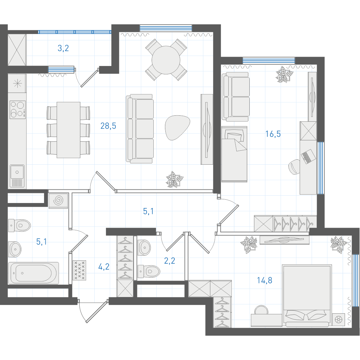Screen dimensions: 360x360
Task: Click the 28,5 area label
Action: pyautogui.click(x=108, y=126)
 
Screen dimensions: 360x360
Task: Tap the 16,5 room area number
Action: pyautogui.click(x=273, y=134)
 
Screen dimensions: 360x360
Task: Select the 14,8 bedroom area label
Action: pyautogui.click(x=264, y=280)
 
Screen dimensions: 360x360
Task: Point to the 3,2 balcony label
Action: pyautogui.click(x=63, y=48)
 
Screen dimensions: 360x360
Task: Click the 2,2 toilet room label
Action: pyautogui.click(x=170, y=261)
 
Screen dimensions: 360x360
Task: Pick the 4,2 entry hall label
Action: pyautogui.click(x=104, y=267)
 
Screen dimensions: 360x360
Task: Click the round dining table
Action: pyautogui.click(x=166, y=60)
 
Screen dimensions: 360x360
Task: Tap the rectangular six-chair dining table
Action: pyautogui.click(x=68, y=130)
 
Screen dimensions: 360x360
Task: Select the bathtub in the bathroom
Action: pyautogui.click(x=34, y=273)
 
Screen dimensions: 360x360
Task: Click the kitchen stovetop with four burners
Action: pyautogui.click(x=18, y=110)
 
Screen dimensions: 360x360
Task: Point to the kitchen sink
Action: pyautogui.click(x=17, y=176)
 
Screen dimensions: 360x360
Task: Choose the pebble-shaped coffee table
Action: pyautogui.click(x=177, y=128)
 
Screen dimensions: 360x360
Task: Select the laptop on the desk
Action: pyautogui.click(x=308, y=156)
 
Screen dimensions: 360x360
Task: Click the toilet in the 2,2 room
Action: pyautogui.click(x=149, y=272)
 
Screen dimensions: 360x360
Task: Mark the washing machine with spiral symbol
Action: pyautogui.click(x=58, y=201)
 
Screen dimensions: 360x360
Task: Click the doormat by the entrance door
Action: pyautogui.click(x=79, y=270)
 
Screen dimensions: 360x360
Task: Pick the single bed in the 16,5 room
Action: pyautogui.click(x=234, y=154)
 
